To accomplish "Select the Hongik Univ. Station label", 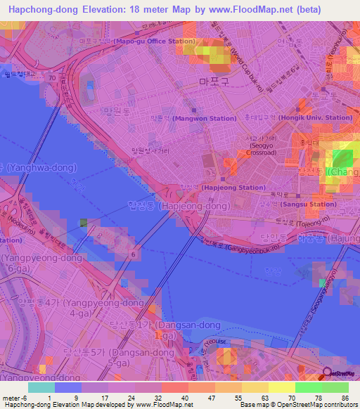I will click(314, 117).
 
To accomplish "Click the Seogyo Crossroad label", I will click(262, 147).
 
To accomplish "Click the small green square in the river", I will click(84, 223).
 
